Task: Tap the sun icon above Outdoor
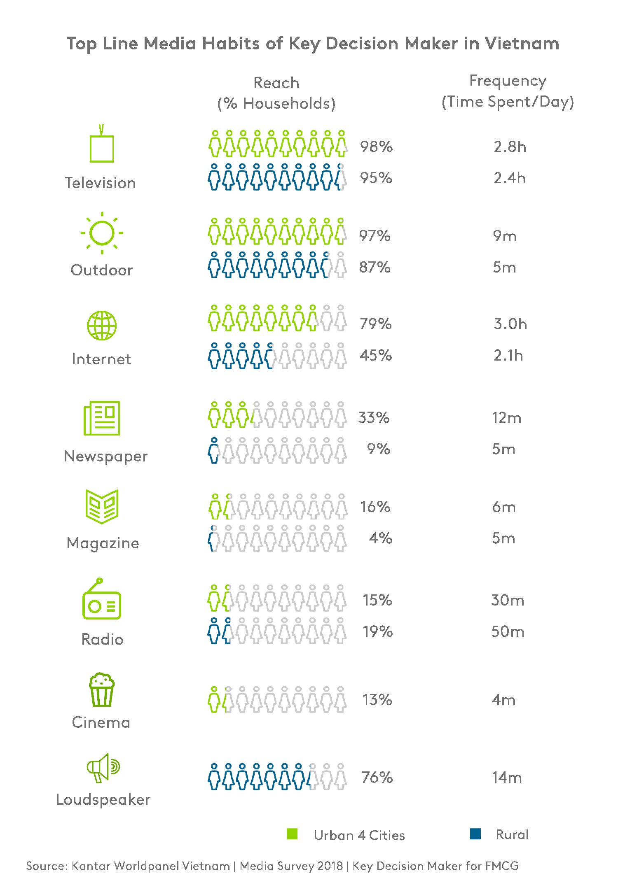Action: click(x=102, y=233)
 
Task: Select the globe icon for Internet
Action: click(x=102, y=325)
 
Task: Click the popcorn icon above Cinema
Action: click(x=102, y=690)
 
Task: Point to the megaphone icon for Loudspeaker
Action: click(x=103, y=768)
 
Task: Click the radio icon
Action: click(x=101, y=601)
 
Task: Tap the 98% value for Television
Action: click(x=376, y=147)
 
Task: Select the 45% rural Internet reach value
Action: click(x=375, y=355)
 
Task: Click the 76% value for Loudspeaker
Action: click(x=377, y=778)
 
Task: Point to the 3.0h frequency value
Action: click(x=510, y=324)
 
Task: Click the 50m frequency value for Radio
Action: click(x=508, y=631)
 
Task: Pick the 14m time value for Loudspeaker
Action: click(x=507, y=778)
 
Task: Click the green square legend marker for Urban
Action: click(x=292, y=834)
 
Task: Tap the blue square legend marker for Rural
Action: click(x=475, y=834)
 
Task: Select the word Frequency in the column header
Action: click(x=508, y=81)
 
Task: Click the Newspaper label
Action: click(x=105, y=456)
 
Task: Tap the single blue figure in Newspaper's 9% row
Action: click(x=213, y=451)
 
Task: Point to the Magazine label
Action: click(x=103, y=543)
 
